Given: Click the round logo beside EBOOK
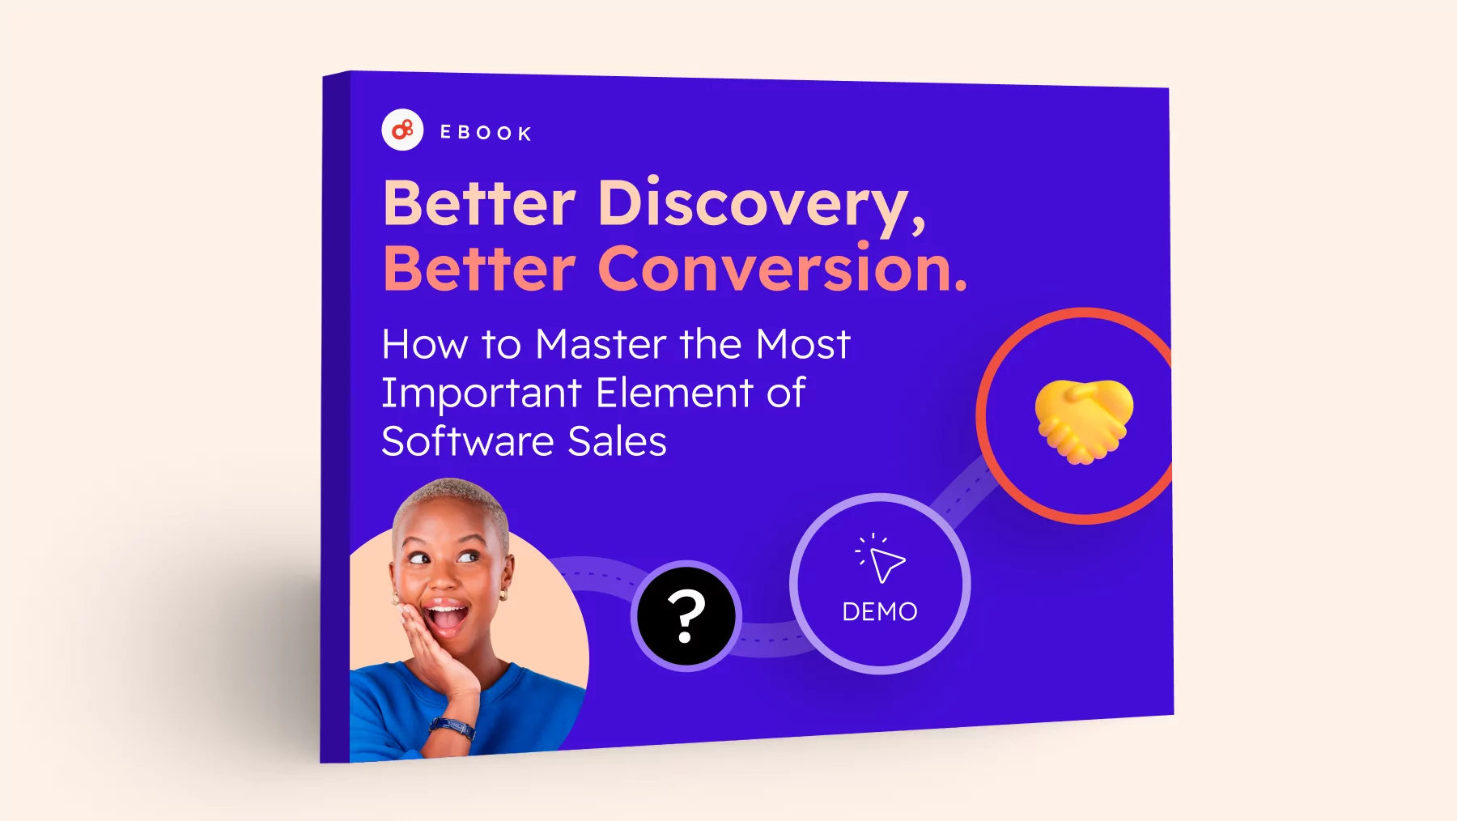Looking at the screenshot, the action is coord(402,130).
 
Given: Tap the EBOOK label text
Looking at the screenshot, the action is coord(486,133).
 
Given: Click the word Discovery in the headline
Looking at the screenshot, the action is coord(761,205).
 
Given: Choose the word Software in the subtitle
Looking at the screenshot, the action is coord(467,441).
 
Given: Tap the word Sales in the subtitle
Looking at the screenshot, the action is coord(617,442).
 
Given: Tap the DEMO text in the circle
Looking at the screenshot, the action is coord(880,611).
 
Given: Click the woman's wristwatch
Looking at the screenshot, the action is coord(452,727).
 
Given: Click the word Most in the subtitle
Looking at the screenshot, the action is coord(803,344).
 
